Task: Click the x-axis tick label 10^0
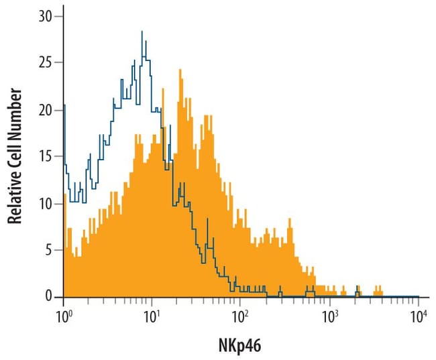coord(64,313)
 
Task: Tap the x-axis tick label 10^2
coord(241,313)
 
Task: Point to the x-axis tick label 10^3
coord(329,313)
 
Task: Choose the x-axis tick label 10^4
coord(418,313)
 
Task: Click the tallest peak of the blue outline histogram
coord(142,32)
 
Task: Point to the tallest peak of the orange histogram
coord(180,70)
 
